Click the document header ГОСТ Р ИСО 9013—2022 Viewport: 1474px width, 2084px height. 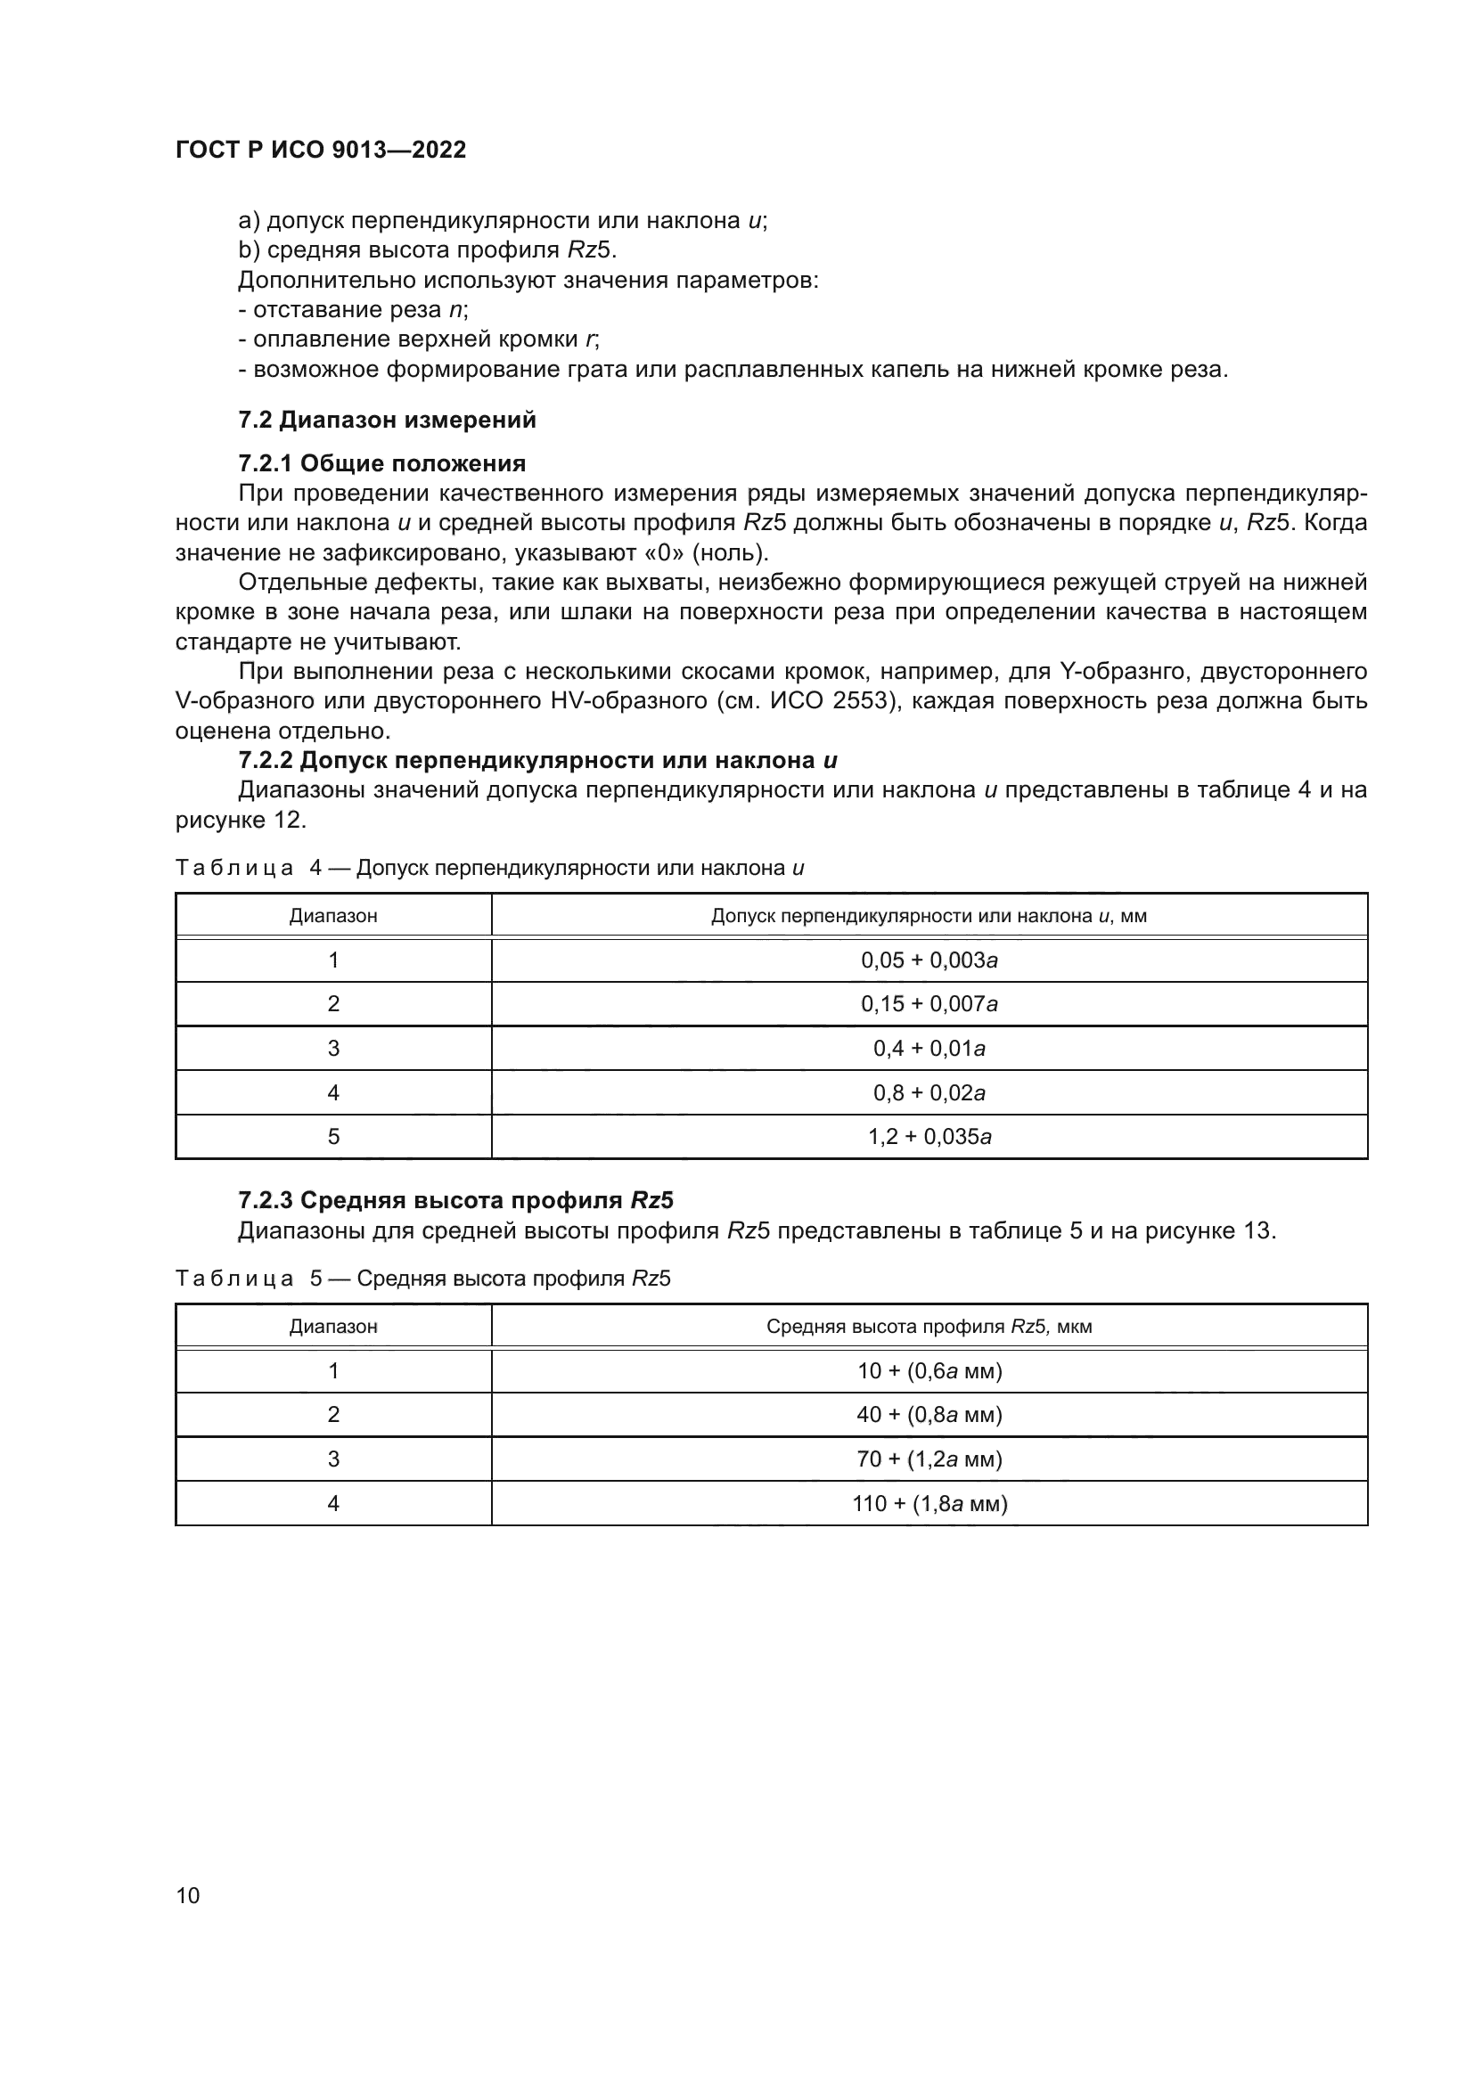coord(321,150)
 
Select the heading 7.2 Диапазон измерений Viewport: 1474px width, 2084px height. coord(387,421)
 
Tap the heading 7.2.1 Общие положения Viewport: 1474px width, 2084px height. coord(381,464)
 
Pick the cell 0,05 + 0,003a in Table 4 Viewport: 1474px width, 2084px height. coord(929,960)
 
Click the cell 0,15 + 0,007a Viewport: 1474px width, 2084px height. coord(929,1004)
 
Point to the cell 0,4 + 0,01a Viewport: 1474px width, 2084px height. coord(929,1049)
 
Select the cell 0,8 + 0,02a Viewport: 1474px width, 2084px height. coord(929,1093)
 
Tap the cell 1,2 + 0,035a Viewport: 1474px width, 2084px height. coord(929,1136)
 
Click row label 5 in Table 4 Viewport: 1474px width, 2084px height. coord(333,1136)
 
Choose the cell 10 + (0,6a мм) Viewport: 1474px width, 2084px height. coord(929,1370)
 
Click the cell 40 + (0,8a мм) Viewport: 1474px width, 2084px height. coord(929,1414)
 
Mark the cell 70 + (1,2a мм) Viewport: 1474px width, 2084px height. coord(929,1459)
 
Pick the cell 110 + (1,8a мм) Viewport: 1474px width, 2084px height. coord(929,1503)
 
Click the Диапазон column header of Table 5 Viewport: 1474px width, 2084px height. coord(333,1326)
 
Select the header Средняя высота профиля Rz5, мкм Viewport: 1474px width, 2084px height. coord(929,1326)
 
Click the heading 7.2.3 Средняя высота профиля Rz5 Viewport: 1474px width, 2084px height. coord(455,1200)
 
